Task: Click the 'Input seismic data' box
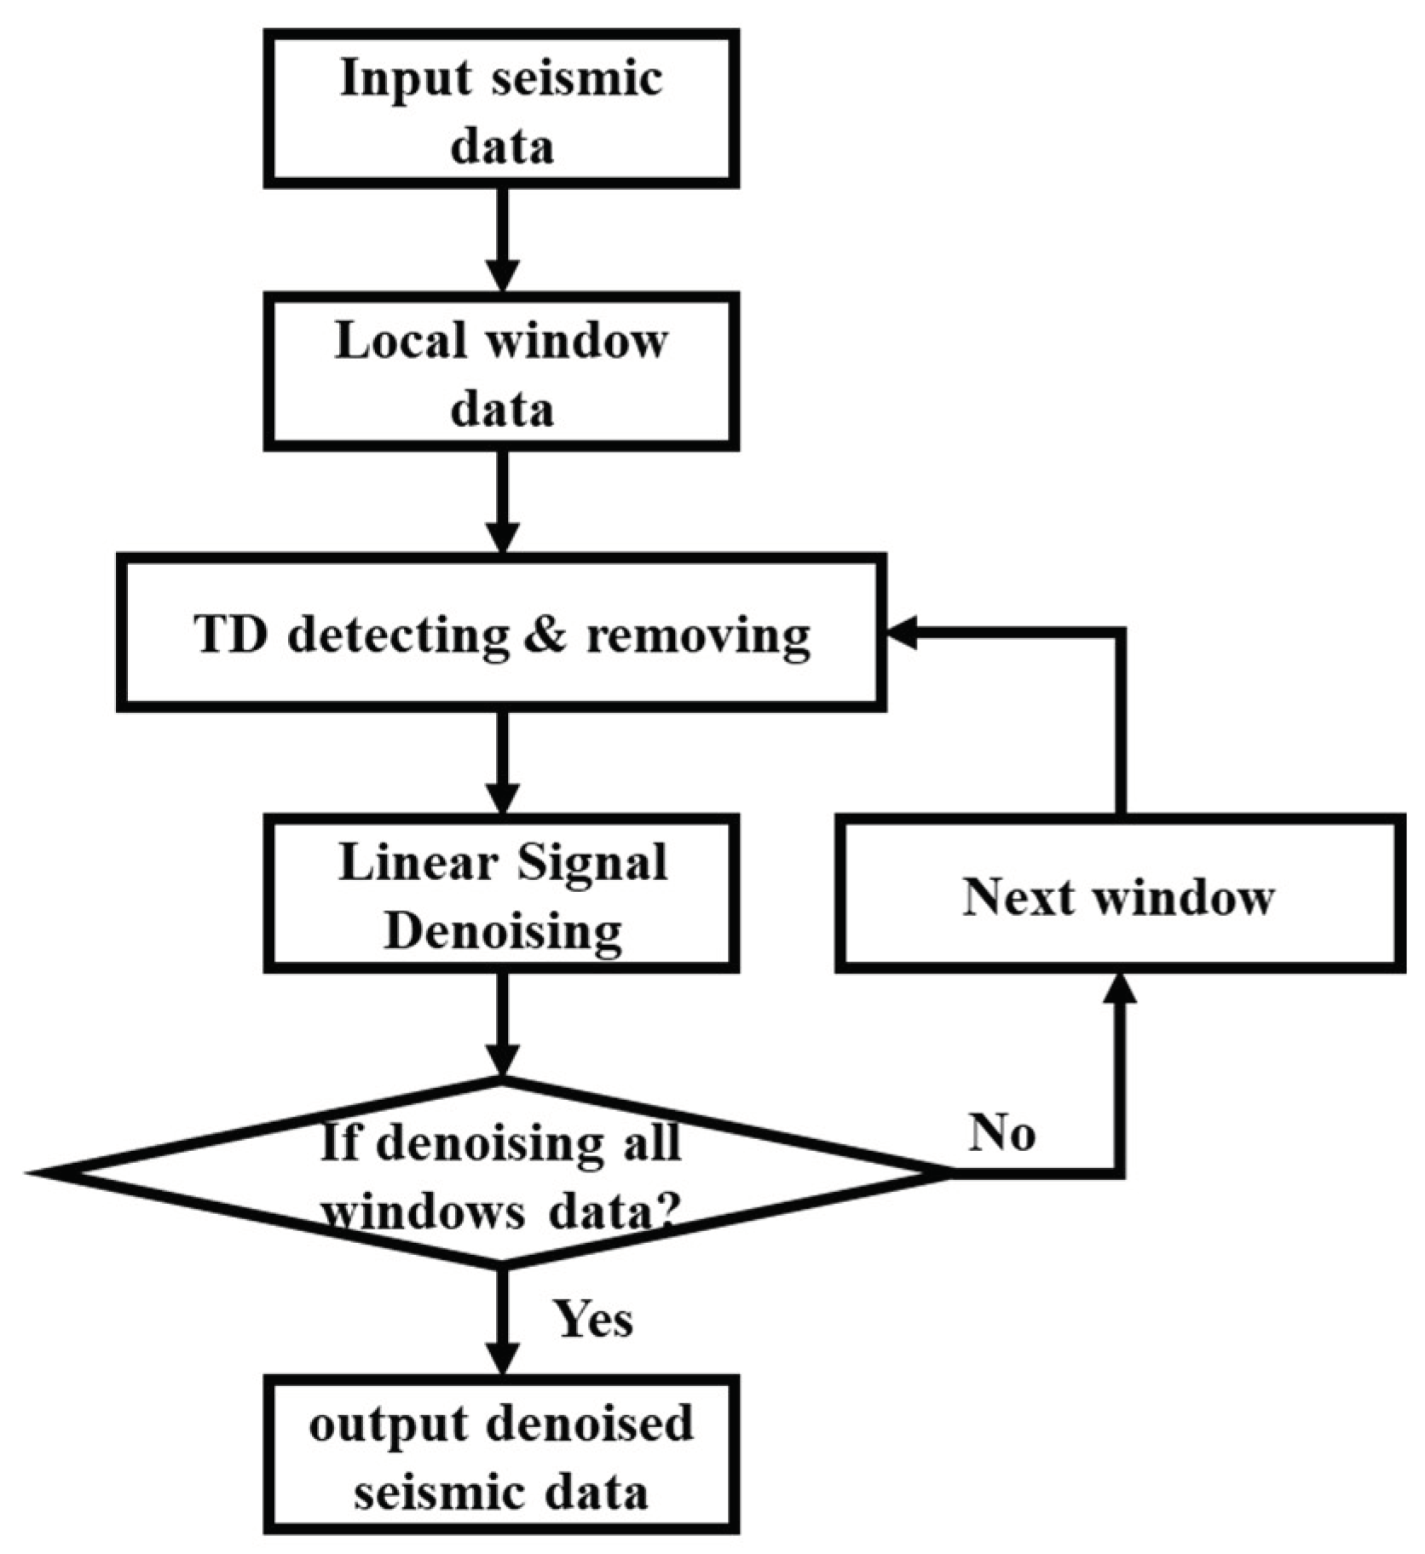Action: click(x=501, y=109)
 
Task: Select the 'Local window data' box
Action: click(x=501, y=372)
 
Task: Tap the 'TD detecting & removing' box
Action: click(x=501, y=632)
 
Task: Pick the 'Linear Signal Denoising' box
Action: click(x=501, y=895)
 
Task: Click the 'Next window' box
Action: click(x=1119, y=895)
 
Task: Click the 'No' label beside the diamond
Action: click(x=1001, y=1133)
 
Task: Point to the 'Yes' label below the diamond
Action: click(x=593, y=1320)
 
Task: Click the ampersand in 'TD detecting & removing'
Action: click(x=545, y=634)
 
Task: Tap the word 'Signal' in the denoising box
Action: click(x=591, y=862)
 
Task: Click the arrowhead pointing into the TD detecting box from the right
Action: click(x=903, y=633)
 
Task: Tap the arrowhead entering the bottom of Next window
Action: click(x=1120, y=990)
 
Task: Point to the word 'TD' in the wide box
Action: click(x=228, y=635)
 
